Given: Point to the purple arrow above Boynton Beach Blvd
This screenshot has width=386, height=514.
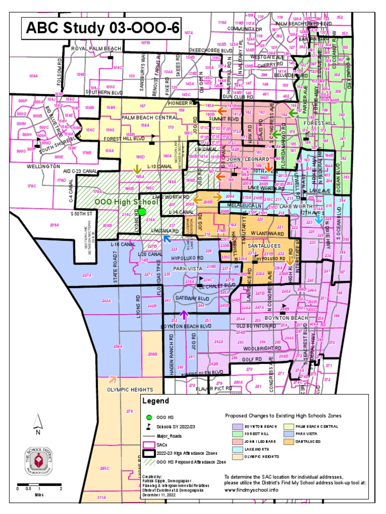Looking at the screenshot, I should click(183, 315).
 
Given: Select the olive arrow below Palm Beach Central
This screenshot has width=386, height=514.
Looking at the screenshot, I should click(137, 169).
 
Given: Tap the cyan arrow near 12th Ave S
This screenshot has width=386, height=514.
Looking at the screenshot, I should click(320, 217).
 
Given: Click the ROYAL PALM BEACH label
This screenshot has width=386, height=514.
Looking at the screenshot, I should click(96, 48).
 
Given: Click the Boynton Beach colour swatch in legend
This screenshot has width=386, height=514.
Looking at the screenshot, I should click(238, 426).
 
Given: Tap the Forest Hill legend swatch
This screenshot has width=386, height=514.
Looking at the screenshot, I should click(238, 434).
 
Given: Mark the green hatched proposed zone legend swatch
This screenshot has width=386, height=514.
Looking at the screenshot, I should click(148, 461).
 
